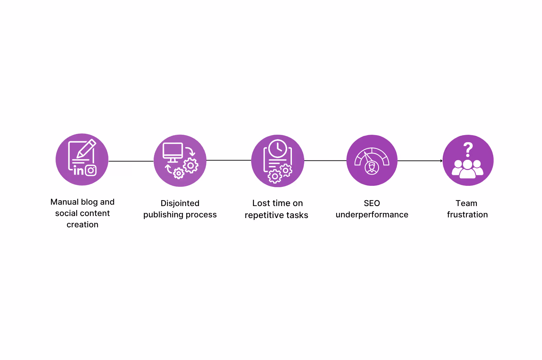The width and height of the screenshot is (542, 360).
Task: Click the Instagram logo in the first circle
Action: click(x=91, y=170)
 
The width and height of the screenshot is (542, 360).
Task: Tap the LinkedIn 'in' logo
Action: click(x=79, y=170)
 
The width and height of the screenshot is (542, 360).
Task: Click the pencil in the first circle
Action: click(x=86, y=148)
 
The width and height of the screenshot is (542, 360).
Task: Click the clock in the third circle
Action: click(x=278, y=148)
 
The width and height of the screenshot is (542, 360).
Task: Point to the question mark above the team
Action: click(x=468, y=150)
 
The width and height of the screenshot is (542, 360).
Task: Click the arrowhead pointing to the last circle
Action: click(x=441, y=161)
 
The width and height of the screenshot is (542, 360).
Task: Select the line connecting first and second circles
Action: click(x=131, y=161)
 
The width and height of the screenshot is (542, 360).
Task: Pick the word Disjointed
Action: click(x=180, y=203)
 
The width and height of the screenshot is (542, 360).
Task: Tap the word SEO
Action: click(x=372, y=203)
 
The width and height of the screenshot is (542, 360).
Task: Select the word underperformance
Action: click(x=372, y=215)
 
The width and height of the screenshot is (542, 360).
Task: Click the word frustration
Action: click(x=467, y=215)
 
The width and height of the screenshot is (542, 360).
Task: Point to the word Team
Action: click(x=466, y=203)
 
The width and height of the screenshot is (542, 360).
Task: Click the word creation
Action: click(x=82, y=225)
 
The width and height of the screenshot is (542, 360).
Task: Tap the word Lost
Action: click(x=261, y=203)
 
